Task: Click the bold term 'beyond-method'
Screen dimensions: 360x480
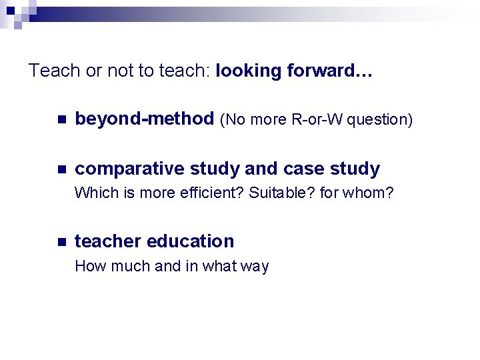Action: click(x=144, y=119)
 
